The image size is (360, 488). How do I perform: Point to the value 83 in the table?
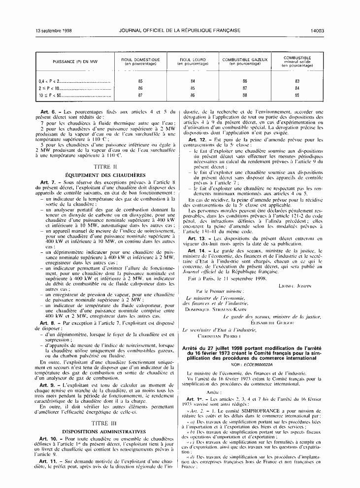click(297, 80)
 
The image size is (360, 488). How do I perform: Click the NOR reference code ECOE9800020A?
click(256, 378)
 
